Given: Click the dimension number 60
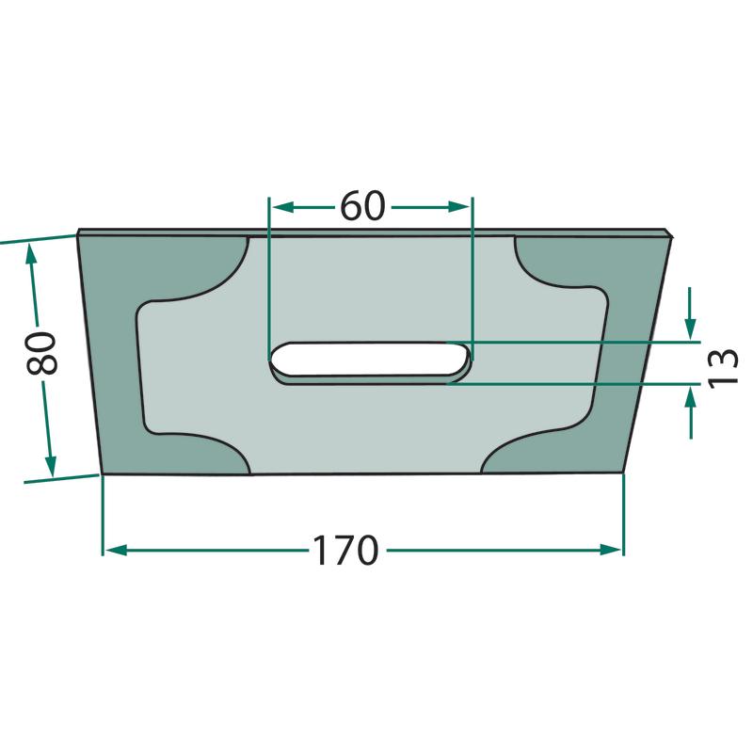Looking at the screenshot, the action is pos(362,206).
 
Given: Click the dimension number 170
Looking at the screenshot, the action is pos(345,551).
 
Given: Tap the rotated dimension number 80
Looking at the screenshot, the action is pos(41,354).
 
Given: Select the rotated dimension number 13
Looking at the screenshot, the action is pos(723,366).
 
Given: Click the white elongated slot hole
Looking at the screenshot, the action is pos(368,359).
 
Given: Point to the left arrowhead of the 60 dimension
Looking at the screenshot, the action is pos(282,207).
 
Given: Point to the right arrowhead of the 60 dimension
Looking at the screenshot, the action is pos(458,207).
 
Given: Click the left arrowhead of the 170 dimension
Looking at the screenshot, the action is pos(116,551).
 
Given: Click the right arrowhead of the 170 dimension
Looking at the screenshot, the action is pos(611,551).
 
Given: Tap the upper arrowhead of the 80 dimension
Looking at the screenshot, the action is pos(32,254).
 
